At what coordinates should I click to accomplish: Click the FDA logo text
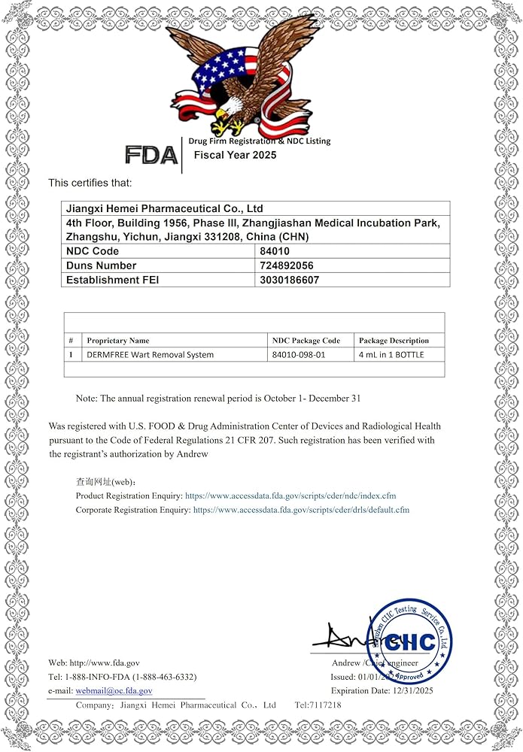point(151,155)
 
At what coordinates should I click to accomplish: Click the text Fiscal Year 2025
point(236,155)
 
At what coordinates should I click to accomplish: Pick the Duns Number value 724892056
point(287,265)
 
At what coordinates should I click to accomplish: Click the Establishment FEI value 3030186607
point(290,280)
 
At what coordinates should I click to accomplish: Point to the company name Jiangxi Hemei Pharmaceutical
point(165,208)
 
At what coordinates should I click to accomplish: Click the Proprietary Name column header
point(118,341)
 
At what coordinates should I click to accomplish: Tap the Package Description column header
point(394,341)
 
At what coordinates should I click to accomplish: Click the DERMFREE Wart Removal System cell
point(150,354)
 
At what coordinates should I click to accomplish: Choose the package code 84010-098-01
point(299,354)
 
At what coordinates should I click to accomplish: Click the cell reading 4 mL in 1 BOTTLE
point(391,354)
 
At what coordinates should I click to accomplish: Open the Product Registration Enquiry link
point(290,496)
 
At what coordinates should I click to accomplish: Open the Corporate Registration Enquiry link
point(301,510)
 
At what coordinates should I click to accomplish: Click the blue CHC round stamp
point(409,641)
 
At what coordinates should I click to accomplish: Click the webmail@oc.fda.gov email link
point(114,690)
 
